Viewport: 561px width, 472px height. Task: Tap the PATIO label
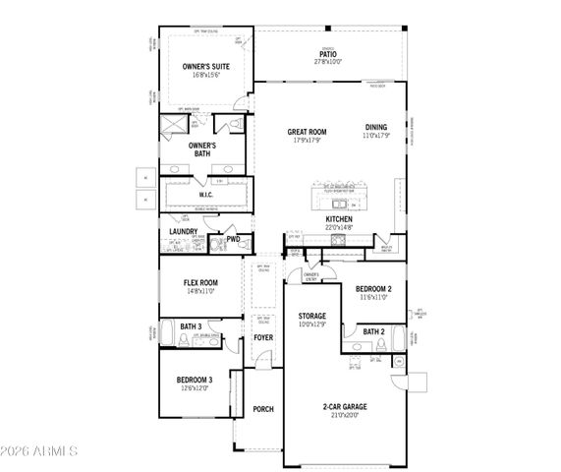(327, 55)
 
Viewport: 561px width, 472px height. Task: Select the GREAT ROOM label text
(307, 132)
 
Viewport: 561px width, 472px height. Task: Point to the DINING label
(376, 127)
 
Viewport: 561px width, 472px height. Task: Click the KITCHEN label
(339, 218)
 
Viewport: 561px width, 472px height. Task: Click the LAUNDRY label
(184, 232)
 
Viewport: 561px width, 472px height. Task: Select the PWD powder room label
(233, 239)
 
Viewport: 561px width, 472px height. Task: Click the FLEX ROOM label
(200, 283)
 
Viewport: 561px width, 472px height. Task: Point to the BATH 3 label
(191, 326)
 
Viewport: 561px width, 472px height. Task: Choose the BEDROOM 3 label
(195, 380)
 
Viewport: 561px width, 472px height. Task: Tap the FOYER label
(263, 337)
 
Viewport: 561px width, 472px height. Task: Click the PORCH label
(263, 409)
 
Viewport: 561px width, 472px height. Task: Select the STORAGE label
(312, 317)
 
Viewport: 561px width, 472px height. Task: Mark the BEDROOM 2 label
(373, 289)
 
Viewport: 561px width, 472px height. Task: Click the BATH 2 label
(373, 332)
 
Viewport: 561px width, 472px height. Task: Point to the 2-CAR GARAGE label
(340, 405)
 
